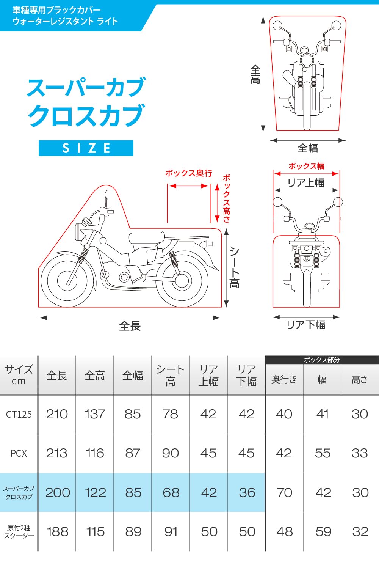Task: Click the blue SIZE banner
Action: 86,148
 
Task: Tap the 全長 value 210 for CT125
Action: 57,414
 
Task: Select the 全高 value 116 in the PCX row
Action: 95,453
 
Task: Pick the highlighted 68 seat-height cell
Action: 171,492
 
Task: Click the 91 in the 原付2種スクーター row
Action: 171,531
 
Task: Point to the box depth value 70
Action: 284,492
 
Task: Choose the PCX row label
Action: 19,453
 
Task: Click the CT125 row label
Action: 19,414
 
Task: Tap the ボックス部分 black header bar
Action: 322,360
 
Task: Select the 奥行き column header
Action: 284,379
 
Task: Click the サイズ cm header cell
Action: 19,375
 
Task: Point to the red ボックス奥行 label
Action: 188,173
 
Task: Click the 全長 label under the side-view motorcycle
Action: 130,326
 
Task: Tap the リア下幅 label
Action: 305,325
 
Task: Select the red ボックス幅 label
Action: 306,166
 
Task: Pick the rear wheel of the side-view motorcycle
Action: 182,280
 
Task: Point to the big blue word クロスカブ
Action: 86,115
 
